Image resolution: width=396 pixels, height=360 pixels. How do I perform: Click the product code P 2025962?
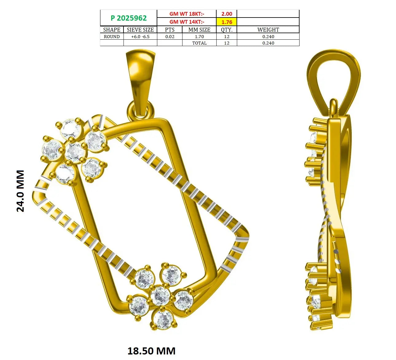(x=128, y=18)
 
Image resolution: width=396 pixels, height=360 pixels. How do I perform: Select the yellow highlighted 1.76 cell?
(x=227, y=22)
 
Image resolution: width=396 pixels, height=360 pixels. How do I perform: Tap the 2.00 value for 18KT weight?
(x=227, y=14)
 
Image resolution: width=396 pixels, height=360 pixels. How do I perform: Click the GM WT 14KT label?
(x=186, y=22)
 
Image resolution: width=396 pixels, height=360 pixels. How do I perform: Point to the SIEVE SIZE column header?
(x=140, y=30)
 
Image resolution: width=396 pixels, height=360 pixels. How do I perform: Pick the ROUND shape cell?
(x=112, y=37)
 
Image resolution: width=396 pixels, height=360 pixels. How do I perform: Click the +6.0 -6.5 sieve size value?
(x=140, y=37)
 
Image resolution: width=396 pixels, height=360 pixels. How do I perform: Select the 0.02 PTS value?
(x=170, y=37)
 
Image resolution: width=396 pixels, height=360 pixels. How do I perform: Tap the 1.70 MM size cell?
(x=199, y=37)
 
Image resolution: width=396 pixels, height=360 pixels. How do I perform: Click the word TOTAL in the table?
(x=199, y=43)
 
